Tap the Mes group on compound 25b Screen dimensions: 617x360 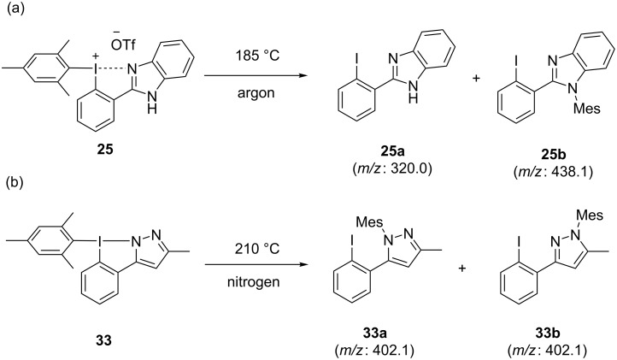coord(591,109)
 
